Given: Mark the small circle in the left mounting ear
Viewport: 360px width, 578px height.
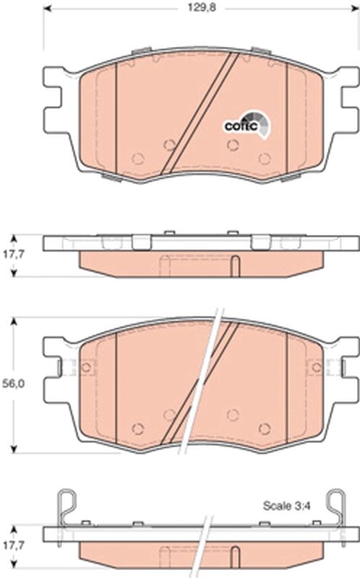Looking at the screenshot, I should (86, 367).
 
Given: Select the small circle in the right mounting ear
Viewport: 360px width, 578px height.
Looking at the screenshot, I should (315, 367).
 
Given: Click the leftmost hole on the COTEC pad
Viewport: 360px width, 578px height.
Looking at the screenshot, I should (138, 158).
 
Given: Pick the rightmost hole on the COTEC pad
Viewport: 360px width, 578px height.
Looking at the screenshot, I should (265, 158).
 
